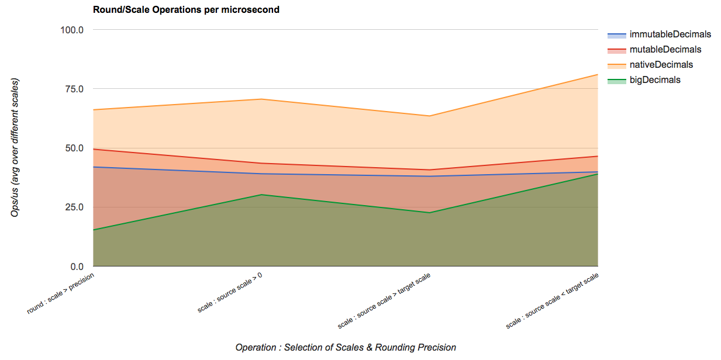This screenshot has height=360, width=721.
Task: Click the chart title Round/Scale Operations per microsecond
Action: click(186, 10)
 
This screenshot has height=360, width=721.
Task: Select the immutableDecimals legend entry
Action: click(670, 34)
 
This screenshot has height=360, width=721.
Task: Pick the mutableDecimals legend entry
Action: click(665, 50)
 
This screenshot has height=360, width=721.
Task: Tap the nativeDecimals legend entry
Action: click(661, 65)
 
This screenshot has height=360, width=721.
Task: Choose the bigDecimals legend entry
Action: click(654, 80)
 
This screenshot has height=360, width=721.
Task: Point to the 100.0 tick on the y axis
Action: click(73, 30)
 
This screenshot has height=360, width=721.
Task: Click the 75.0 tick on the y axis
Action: click(75, 89)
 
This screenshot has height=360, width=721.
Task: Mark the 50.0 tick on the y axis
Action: click(75, 148)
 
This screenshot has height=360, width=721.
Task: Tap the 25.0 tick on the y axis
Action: click(75, 207)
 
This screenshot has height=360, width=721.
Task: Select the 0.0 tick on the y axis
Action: click(77, 267)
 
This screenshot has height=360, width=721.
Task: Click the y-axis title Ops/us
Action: click(15, 147)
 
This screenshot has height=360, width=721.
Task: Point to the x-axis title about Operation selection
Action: click(346, 348)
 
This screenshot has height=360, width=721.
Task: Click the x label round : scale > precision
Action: click(61, 292)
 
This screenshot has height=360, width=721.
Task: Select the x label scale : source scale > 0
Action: click(230, 292)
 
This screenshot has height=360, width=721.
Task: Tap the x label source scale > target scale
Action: click(384, 300)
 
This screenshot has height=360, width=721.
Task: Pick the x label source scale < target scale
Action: click(553, 300)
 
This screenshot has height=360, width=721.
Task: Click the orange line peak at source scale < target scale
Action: click(598, 75)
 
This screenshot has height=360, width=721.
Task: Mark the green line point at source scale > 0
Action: click(261, 195)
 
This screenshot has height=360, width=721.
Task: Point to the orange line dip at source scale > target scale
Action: click(430, 116)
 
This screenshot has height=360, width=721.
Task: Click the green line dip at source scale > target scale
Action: click(430, 213)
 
